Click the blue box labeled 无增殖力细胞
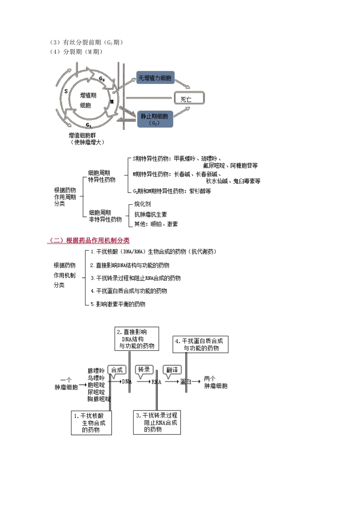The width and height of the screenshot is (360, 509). point(155,78)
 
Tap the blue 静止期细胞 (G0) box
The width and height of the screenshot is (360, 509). point(155,119)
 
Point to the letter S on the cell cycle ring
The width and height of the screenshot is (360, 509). point(66,91)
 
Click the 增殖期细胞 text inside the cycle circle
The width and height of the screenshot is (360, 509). point(88,100)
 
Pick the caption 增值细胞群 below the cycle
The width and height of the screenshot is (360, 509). point(82,135)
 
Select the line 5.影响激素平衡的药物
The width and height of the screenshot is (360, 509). point(118,304)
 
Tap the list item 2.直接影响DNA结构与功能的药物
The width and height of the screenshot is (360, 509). point(130,265)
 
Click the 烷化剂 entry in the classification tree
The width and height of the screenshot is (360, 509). point(142,204)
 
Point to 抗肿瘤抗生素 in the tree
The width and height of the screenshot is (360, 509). point(150,214)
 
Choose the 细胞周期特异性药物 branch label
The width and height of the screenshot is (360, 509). point(102,176)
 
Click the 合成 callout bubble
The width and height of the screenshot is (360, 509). point(117,370)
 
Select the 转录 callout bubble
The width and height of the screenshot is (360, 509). point(144,370)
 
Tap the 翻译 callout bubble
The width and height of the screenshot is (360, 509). point(172,370)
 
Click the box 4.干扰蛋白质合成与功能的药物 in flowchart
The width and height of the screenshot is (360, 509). point(200,344)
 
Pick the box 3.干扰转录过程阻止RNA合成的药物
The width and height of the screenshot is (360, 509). point(157,422)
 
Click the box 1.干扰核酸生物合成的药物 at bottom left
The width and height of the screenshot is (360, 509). point(91,423)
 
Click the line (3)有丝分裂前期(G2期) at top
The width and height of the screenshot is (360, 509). point(86,42)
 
